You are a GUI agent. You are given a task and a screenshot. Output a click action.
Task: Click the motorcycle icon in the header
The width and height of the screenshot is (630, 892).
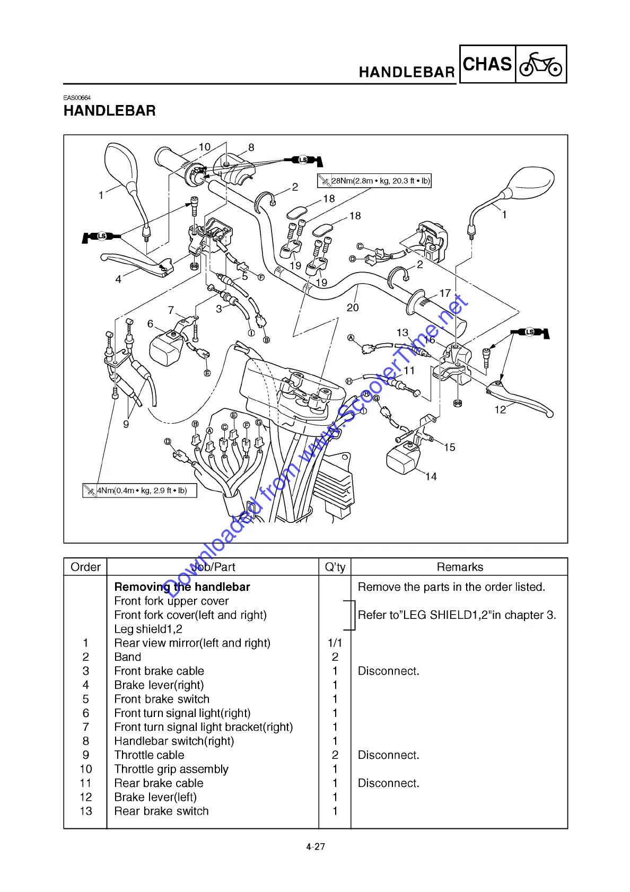540,64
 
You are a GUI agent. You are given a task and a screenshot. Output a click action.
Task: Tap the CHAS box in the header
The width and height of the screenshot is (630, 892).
487,64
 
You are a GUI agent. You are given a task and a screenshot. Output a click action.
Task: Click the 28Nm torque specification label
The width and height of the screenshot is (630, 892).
374,181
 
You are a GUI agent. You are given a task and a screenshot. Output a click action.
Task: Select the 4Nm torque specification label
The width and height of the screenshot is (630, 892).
139,491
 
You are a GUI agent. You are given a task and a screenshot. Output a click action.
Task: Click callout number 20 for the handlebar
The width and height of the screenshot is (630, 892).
353,308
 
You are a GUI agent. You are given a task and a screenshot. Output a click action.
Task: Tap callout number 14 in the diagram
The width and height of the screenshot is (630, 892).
431,477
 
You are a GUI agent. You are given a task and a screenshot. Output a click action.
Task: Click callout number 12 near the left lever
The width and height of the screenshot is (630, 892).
500,409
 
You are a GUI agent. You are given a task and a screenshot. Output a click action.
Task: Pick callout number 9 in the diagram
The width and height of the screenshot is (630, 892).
126,424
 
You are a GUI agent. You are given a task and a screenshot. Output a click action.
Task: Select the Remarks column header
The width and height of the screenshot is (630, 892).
460,567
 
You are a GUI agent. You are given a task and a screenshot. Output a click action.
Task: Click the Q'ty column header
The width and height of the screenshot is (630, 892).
335,567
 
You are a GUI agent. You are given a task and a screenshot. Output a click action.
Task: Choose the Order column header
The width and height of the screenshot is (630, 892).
85,567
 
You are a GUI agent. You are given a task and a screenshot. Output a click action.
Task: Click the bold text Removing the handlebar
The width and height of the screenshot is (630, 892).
182,587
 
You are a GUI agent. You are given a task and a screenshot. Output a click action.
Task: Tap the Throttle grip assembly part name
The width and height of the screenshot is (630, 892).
171,769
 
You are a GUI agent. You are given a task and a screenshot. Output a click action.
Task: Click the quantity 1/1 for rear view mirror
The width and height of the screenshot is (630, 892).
335,643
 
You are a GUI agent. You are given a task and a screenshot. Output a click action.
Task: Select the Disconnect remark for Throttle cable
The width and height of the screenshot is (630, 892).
388,755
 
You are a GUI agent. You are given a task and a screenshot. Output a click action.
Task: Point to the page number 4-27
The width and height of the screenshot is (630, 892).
316,847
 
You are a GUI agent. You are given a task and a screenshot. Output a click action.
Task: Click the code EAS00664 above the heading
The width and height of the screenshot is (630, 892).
77,98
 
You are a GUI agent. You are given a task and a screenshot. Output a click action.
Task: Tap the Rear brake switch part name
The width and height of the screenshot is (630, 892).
161,811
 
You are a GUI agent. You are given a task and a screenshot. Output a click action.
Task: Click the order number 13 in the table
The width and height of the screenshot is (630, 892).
86,811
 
